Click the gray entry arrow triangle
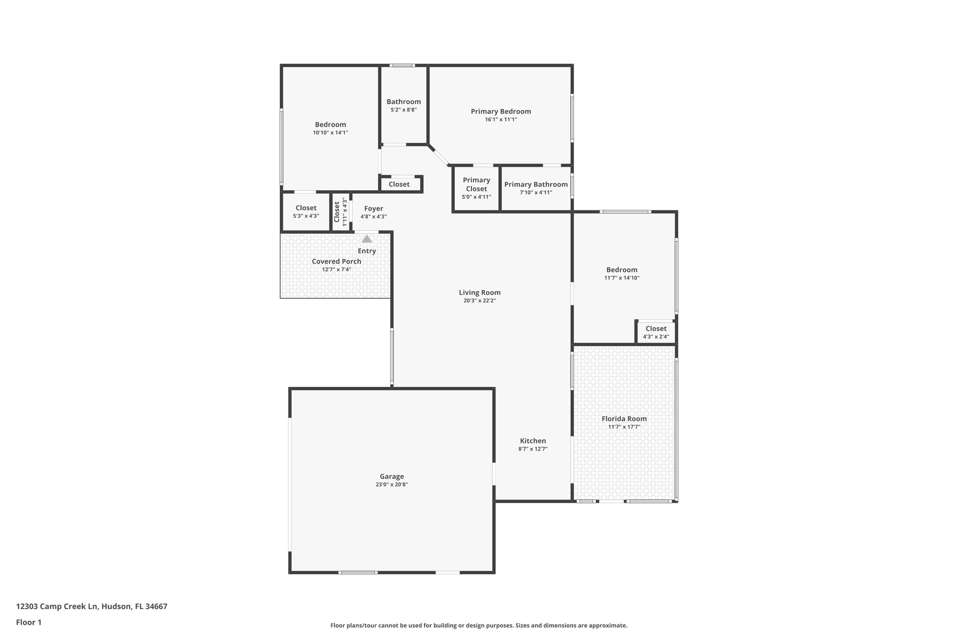point(367,239)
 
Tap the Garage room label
point(392,476)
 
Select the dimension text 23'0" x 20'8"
point(392,485)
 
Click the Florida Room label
point(624,418)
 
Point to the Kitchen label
point(533,441)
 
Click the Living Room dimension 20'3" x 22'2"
point(479,301)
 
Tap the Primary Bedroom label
point(501,111)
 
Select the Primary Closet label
point(476,184)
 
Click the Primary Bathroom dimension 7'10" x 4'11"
point(536,193)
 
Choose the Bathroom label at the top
point(403,101)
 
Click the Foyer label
point(373,208)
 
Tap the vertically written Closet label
point(337,212)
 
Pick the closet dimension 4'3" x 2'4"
point(656,337)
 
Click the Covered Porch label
point(336,261)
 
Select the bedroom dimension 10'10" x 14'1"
point(330,133)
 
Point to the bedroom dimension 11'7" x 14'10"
point(622,278)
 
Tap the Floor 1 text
point(29,622)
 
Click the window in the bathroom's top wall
point(402,65)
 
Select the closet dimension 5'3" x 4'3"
point(306,216)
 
